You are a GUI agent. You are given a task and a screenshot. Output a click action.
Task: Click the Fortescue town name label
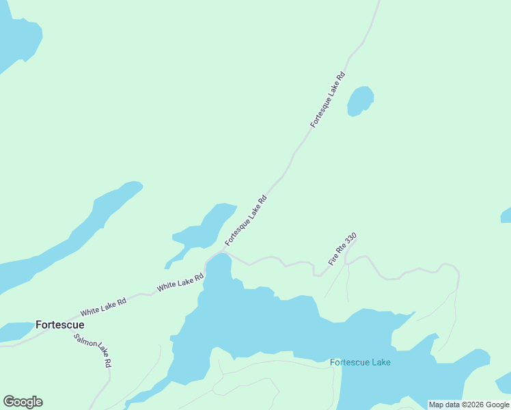coord(60,325)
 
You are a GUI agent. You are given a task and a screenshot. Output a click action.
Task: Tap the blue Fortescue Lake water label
coord(360,362)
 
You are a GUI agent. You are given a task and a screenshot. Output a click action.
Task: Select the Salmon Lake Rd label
coord(93,351)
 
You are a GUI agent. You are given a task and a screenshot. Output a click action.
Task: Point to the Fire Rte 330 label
coord(342,249)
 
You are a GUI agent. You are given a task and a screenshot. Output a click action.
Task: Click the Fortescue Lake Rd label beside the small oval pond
coord(328,100)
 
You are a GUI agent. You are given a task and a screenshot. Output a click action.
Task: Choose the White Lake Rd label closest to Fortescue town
coord(103,306)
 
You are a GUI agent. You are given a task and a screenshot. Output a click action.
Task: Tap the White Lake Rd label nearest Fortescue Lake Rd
coord(180,283)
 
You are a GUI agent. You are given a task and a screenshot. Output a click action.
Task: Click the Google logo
coord(23,402)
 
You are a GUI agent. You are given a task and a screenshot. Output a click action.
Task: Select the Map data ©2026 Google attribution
coord(469,405)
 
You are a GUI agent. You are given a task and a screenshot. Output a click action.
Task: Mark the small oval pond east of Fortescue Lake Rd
coord(360,101)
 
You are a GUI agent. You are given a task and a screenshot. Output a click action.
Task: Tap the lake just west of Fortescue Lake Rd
coord(206,229)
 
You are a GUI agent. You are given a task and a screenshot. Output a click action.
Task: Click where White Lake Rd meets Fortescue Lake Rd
coord(221,252)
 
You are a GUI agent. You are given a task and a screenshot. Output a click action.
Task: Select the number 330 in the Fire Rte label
coord(350,239)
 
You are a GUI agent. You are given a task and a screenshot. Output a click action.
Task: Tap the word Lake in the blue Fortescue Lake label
coord(379,362)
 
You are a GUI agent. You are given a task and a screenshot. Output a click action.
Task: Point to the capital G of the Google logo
coord(9,402)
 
